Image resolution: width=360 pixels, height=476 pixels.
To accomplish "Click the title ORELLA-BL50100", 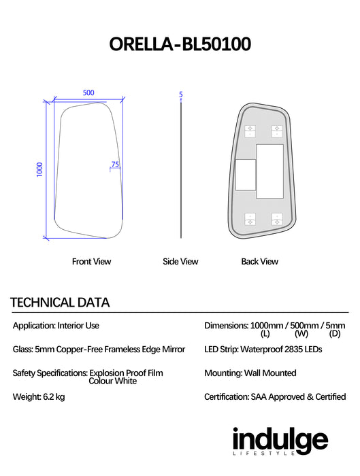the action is (180, 44).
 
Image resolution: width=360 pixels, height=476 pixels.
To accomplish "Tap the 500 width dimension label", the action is (88, 92).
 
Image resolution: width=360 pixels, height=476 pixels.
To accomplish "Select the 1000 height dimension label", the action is (39, 169).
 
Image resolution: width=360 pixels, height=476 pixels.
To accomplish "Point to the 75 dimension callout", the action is (115, 165).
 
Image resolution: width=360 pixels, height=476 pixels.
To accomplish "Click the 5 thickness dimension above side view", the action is (181, 95).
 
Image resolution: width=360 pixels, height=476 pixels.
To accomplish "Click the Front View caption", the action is (91, 261).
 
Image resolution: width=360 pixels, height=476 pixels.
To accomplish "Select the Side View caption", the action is (180, 261).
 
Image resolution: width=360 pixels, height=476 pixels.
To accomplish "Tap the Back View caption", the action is (260, 261).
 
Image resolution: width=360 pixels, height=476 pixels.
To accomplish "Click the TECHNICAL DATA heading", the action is (60, 303).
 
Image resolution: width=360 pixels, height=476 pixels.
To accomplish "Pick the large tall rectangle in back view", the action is (269, 171).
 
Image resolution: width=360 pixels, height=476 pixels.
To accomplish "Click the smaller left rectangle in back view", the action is (246, 175).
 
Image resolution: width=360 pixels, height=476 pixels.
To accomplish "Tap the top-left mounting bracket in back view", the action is (250, 131).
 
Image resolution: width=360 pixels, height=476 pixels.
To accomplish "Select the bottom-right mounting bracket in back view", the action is (277, 219).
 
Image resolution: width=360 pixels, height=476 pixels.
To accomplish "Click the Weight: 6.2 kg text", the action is (39, 396).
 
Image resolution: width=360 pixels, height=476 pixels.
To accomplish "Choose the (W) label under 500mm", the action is (301, 334).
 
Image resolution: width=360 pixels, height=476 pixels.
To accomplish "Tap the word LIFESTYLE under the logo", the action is (263, 454).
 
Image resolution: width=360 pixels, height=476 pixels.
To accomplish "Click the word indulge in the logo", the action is (280, 439).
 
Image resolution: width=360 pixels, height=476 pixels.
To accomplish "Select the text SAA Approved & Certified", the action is (298, 396).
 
